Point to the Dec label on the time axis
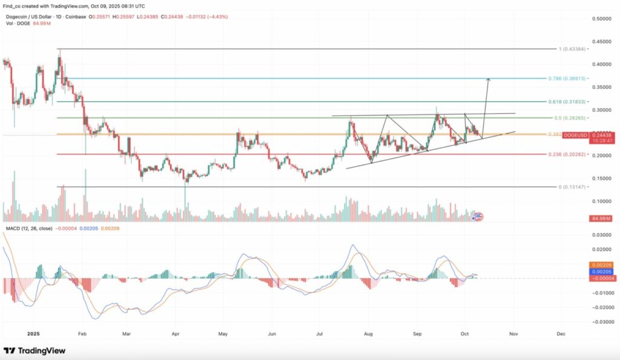tap(560, 333)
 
